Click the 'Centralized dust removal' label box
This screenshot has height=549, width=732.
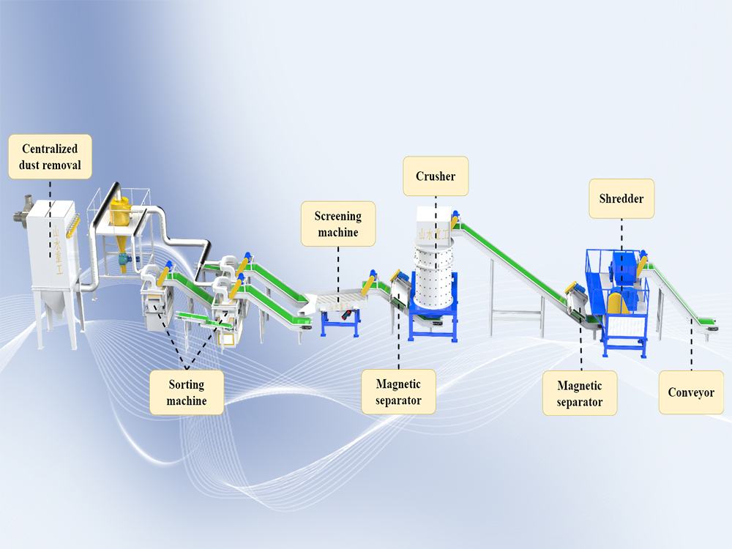50,157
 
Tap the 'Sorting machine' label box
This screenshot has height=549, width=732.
186,392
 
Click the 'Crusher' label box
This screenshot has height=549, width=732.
436,176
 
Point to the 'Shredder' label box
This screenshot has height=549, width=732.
621,198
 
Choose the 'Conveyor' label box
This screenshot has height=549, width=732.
690,392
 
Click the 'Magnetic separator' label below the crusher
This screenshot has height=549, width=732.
398,392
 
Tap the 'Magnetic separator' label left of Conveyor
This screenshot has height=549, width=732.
579,393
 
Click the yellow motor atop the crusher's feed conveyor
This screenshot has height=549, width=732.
455,217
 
